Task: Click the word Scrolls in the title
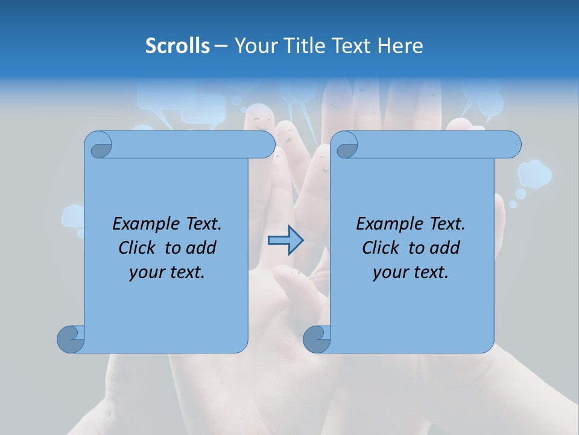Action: point(177,46)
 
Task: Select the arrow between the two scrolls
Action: point(285,240)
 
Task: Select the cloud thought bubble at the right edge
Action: point(534,173)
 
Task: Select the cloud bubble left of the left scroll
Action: point(72,216)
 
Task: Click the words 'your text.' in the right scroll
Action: point(411,272)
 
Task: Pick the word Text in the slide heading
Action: point(351,46)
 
